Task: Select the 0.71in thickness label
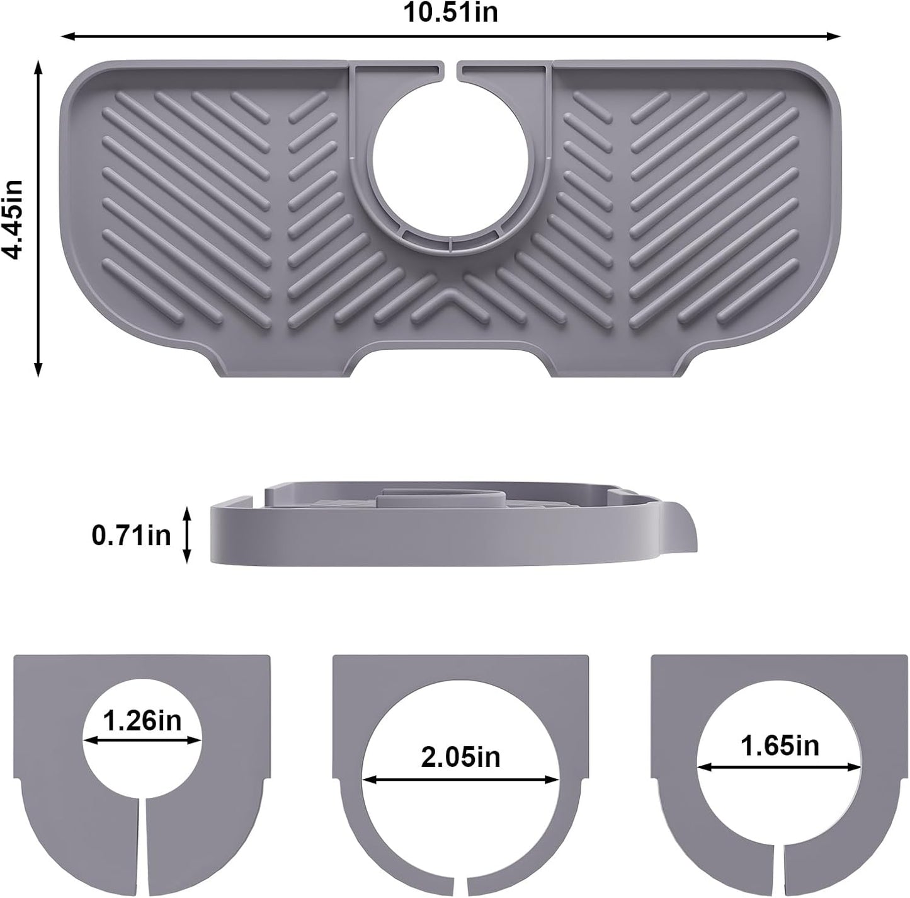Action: (132, 536)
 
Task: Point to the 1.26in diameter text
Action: (142, 721)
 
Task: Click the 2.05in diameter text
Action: (460, 756)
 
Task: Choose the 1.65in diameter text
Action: (780, 746)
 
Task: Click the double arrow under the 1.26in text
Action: (142, 740)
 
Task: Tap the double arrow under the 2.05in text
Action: (460, 780)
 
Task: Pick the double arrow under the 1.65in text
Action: (780, 767)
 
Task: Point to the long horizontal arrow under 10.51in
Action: (451, 36)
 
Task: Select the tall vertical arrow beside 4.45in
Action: (38, 217)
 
